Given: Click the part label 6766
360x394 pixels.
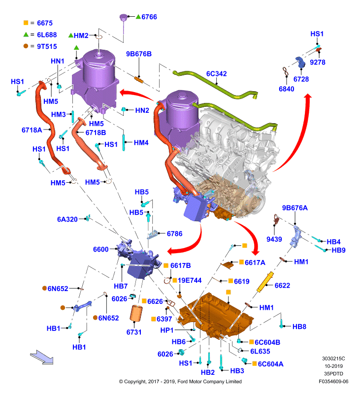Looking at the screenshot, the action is pos(149,17).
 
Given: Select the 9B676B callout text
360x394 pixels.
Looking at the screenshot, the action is pos(139,54).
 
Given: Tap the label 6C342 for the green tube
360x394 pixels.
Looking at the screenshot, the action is pos(216,73).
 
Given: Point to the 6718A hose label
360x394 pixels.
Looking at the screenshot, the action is pos(32,130).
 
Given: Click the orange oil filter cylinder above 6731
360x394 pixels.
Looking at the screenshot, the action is pos(136,313).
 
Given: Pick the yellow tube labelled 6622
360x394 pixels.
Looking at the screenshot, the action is pos(265,282).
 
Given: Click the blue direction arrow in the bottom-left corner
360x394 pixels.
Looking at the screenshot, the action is pos(42,357).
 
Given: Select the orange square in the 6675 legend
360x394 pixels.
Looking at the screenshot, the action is pos(26,23).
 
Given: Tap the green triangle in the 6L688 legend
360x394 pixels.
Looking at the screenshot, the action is pos(26,34).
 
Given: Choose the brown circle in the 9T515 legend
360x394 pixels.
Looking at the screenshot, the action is pos(26,46).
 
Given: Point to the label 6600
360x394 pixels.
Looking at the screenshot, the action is pos(101,249).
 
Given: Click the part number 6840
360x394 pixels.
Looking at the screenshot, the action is pos(287,89).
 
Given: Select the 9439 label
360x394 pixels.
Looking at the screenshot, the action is pos(274,239).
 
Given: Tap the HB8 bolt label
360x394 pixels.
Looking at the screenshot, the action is pos(299,327).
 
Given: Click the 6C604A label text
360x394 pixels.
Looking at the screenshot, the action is pos(270,364).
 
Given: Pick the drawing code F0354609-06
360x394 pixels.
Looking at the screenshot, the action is pos(333,381).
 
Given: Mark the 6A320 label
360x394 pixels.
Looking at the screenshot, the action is pos(67,219).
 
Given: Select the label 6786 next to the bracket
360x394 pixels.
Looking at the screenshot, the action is pos(175,233).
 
